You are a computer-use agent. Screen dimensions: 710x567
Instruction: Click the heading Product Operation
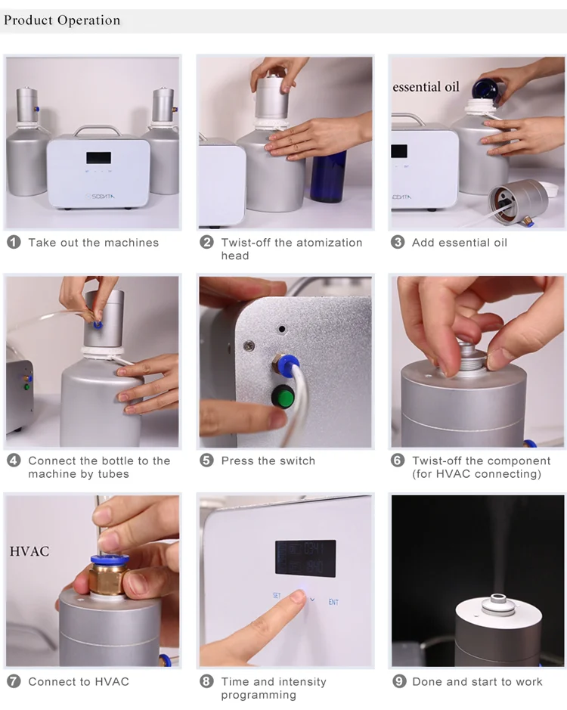(x=62, y=20)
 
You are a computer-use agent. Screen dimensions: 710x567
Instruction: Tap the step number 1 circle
(x=14, y=243)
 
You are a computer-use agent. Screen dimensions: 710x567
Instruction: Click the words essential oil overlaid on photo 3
(x=426, y=87)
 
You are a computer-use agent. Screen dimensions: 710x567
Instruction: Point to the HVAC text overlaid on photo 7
(x=29, y=551)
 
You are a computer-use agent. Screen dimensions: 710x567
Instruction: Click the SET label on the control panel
(x=277, y=596)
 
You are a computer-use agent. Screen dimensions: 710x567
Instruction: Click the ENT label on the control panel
(x=333, y=603)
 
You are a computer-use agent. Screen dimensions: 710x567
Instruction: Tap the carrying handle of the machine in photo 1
(x=98, y=129)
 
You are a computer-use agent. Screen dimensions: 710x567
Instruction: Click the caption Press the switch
(x=268, y=460)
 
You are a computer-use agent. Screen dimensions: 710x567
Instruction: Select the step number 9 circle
(x=399, y=681)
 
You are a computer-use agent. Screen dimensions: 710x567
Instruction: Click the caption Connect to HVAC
(x=79, y=681)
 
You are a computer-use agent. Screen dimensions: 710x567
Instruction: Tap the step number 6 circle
(x=398, y=460)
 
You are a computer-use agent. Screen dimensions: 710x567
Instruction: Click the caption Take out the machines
(x=94, y=243)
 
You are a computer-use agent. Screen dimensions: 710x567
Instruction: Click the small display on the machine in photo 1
(x=98, y=158)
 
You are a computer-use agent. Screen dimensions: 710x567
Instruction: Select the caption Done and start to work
(x=477, y=681)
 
